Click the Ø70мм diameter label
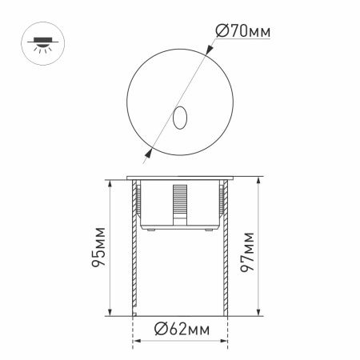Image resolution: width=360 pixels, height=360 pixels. click(x=242, y=32)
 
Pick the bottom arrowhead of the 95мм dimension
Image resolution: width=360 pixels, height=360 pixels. click(x=108, y=314)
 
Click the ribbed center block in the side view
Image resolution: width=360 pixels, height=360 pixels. click(x=180, y=204)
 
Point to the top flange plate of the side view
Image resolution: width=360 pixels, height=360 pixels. click(x=180, y=178)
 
